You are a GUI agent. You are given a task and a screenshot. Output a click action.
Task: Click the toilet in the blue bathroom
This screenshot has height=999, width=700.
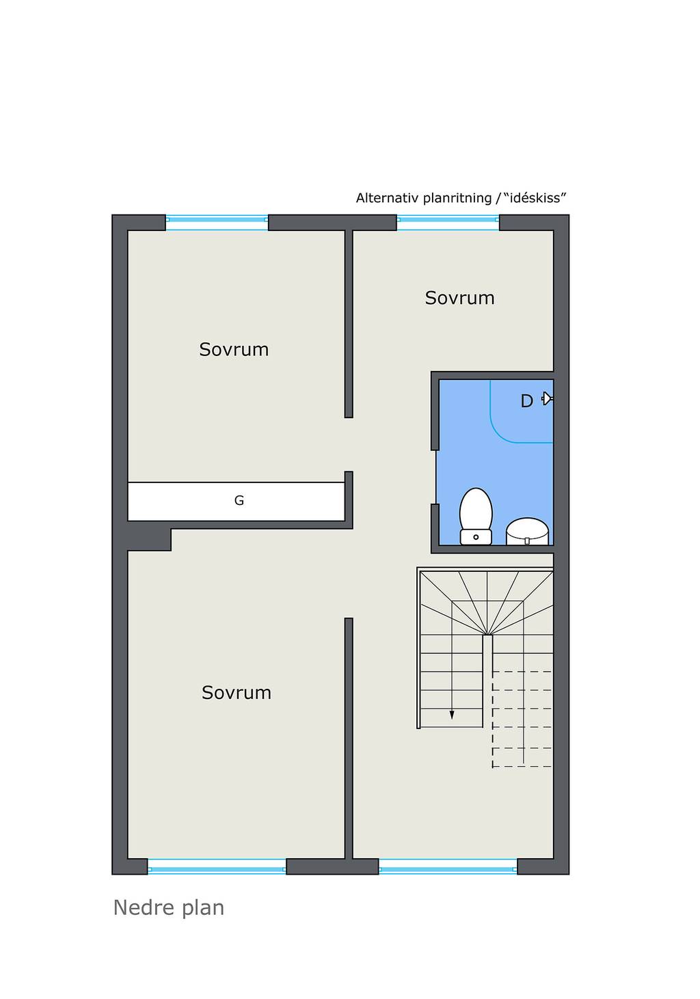point(476,517)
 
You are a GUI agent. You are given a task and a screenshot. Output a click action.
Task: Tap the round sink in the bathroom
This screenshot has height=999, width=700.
point(527,531)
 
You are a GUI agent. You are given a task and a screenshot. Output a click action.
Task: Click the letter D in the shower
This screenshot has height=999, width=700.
point(526,401)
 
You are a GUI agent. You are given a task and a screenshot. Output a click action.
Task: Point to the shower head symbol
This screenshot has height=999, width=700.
point(547,398)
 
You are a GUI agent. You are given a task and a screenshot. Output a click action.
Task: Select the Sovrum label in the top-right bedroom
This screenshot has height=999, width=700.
point(459,298)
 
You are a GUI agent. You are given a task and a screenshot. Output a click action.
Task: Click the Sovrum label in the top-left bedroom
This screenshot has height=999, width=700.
point(234,349)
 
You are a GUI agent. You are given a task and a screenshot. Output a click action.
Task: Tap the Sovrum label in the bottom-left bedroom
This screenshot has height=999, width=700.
point(237,693)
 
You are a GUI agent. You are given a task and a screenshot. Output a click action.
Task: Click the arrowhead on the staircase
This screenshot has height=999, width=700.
point(452,715)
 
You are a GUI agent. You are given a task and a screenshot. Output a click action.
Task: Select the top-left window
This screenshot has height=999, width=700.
point(217,223)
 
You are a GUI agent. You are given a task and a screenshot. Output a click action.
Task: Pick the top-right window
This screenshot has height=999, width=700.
point(448,223)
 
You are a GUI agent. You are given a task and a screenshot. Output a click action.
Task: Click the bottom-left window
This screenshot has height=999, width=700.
point(217,866)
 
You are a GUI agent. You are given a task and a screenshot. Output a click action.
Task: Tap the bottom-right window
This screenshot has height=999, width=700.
point(448,866)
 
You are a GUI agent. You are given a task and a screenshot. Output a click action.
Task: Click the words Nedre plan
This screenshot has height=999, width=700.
point(169,908)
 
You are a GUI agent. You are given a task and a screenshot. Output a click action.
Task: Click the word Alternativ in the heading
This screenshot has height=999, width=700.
point(387,198)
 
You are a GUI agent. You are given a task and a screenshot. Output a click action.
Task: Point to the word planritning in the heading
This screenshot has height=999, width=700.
point(457,198)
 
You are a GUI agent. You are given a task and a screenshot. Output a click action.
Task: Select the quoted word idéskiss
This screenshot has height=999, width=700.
point(535,197)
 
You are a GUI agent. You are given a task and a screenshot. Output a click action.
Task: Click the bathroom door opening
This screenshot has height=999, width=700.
point(435,477)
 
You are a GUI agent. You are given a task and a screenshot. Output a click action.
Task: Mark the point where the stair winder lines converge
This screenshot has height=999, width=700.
point(487,635)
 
